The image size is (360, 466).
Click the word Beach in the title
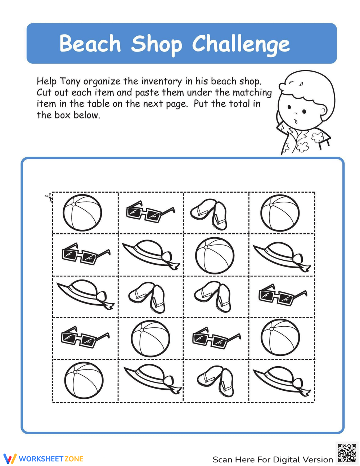point(90,44)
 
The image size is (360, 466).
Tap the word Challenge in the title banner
point(240,44)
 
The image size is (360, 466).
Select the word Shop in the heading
point(156,44)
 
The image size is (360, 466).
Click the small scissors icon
point(49,197)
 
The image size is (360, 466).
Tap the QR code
point(347,453)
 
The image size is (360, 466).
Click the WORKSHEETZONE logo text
point(50,459)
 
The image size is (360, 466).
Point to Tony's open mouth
point(296,121)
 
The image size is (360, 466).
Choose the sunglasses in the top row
point(150,212)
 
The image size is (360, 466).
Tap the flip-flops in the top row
point(210,214)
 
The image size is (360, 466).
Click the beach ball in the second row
point(215,255)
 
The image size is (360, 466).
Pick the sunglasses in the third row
point(283,295)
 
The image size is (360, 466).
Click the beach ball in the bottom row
point(84,380)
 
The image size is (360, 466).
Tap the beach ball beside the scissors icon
point(82,212)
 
